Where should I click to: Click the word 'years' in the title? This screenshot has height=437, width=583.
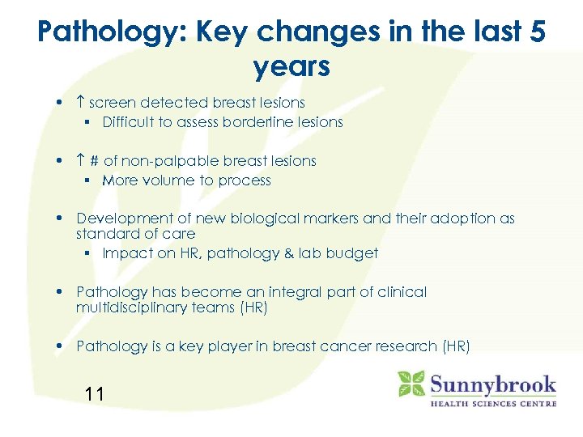291,66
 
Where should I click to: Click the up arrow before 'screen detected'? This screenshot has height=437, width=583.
80,103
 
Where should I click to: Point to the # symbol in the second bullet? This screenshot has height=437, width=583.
95,161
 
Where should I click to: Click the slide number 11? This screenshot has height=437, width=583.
94,395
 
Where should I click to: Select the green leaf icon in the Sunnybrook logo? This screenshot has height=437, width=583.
411,384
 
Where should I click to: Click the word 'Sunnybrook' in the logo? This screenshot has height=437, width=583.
492,384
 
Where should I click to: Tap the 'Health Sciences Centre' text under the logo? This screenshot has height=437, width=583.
492,403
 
